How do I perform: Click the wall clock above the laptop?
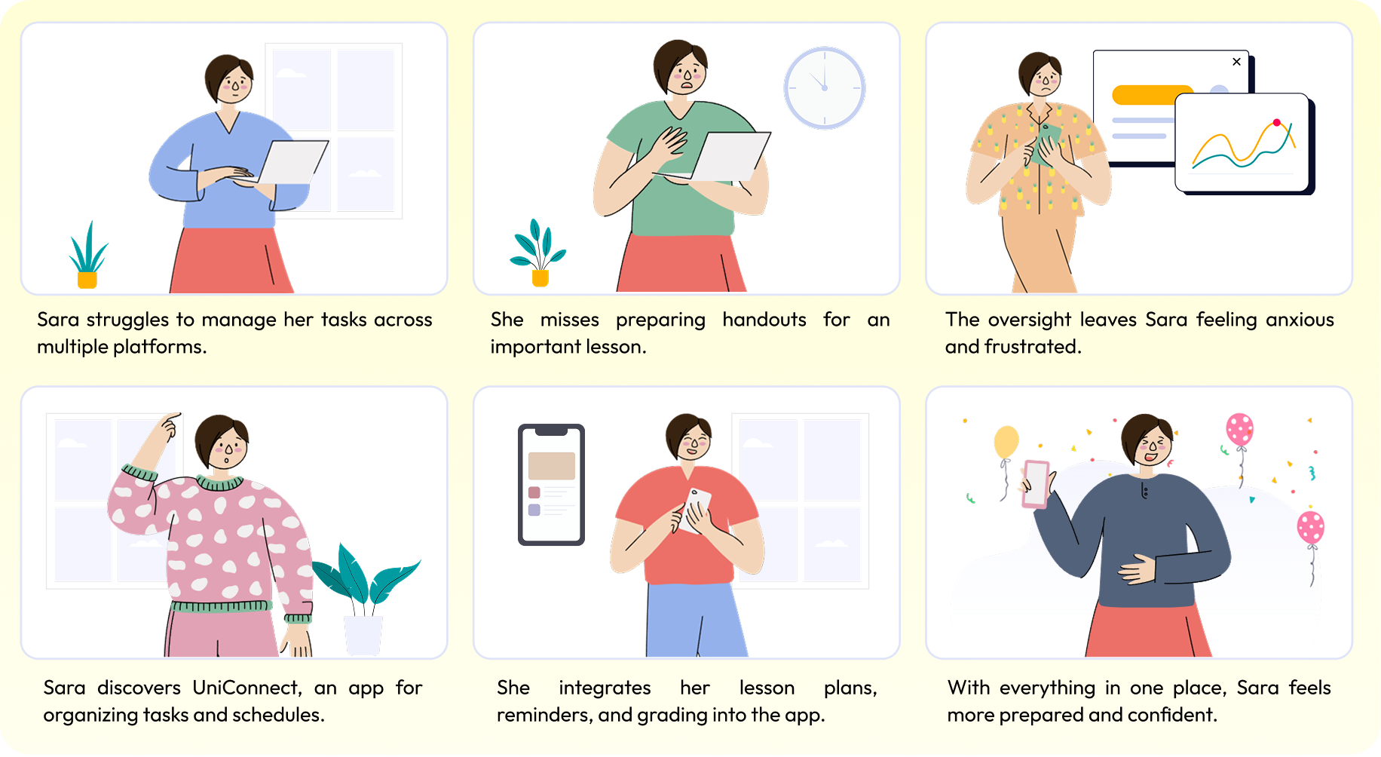[824, 87]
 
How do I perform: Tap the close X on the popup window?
[1236, 62]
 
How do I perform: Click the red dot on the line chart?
[1276, 122]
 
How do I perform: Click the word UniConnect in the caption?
[246, 688]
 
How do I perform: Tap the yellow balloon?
[1006, 442]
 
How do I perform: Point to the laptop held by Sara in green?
[727, 156]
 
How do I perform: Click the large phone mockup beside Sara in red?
[551, 484]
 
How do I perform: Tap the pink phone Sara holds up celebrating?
[1036, 483]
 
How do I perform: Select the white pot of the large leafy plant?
[363, 636]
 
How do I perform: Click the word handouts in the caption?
[764, 320]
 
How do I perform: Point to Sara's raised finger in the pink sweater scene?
[174, 415]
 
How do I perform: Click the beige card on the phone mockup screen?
[552, 466]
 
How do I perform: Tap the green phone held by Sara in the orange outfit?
[1046, 143]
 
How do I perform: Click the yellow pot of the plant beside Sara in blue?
[87, 280]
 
